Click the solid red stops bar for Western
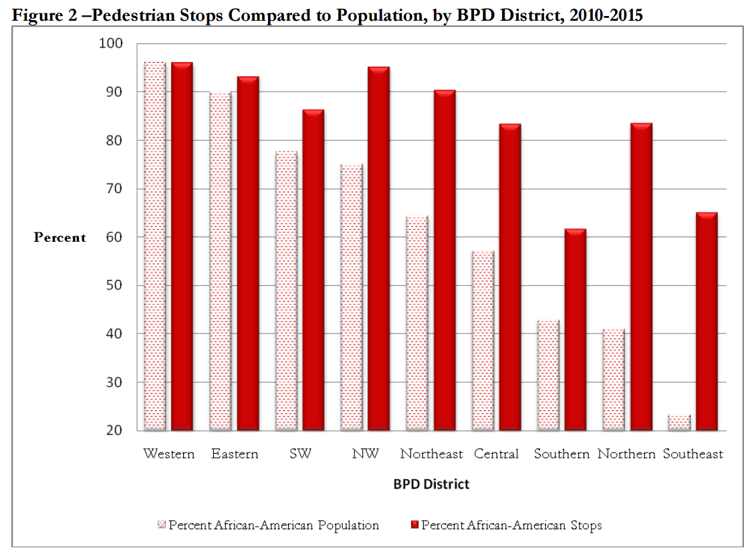coord(182,247)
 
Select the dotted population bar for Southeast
coord(679,422)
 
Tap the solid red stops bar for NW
coord(378,249)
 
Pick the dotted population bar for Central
coord(483,341)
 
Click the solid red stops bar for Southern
coord(575,330)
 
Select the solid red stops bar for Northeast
coord(444,261)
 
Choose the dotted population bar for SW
coord(286,291)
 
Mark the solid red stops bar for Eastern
coord(247,254)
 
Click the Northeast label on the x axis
coord(431,454)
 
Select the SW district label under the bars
coord(300,454)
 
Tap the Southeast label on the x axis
coord(693,454)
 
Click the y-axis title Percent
coord(60,238)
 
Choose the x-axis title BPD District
coord(431,484)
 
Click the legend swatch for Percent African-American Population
coord(161,525)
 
